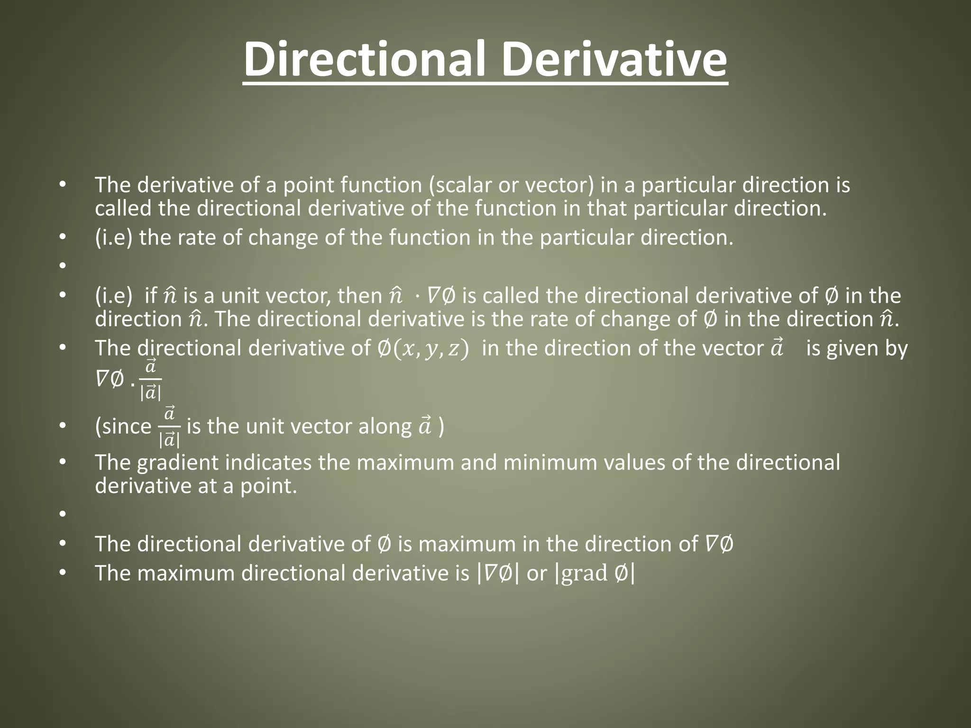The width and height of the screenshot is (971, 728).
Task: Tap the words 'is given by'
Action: tap(856, 349)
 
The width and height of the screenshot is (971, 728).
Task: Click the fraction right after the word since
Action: tap(169, 427)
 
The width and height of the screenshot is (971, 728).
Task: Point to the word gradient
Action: tap(177, 463)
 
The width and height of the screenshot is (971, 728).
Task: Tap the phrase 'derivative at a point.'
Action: tap(196, 486)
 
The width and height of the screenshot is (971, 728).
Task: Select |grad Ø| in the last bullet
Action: tap(595, 573)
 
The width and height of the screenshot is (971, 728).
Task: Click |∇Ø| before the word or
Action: tap(497, 573)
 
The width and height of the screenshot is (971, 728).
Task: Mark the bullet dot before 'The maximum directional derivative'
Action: tap(62, 573)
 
